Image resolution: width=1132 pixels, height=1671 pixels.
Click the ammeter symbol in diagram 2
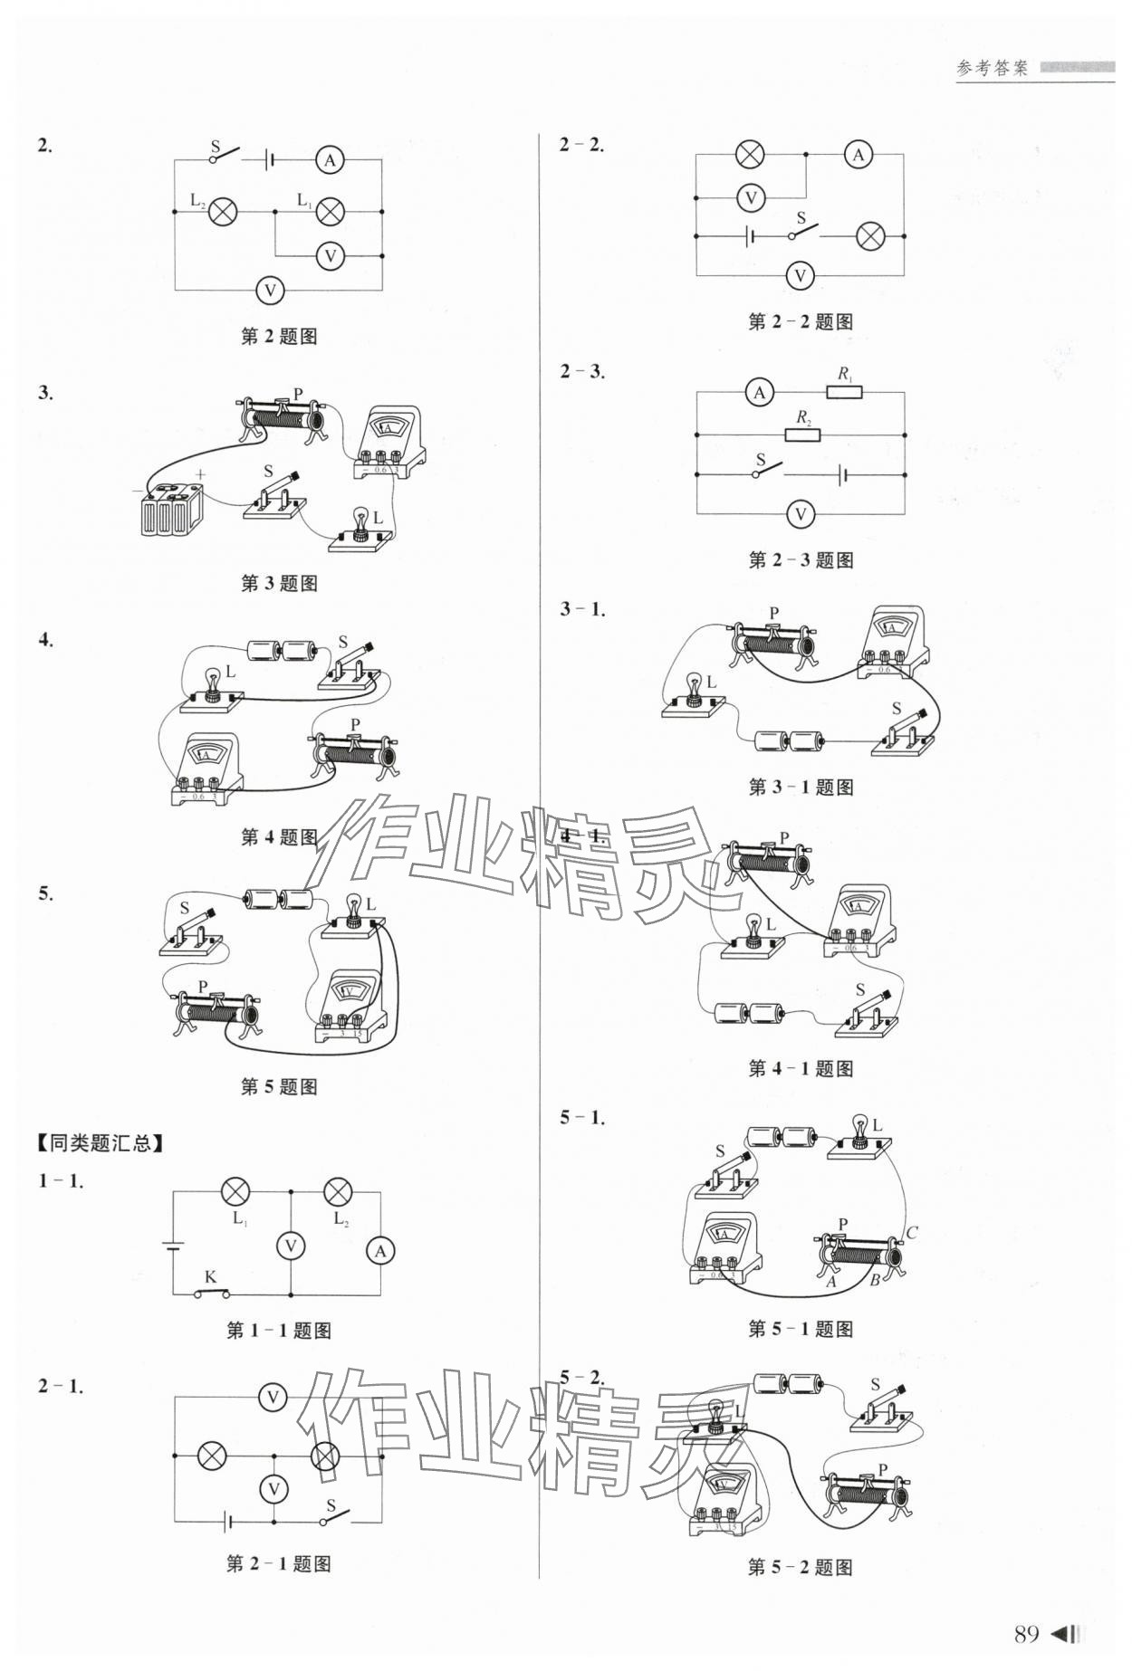[x=330, y=160]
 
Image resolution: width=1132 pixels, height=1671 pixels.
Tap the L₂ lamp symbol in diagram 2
[x=223, y=213]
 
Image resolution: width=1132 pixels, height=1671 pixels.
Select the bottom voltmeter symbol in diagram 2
[x=269, y=291]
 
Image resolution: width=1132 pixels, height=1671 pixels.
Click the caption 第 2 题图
[x=279, y=337]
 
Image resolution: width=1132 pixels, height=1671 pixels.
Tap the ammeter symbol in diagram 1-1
[x=380, y=1251]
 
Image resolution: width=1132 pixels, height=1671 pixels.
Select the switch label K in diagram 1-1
[x=210, y=1277]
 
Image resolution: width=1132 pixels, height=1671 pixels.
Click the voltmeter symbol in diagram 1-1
[x=291, y=1246]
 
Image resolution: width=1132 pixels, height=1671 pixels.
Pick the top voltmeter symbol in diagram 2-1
[x=272, y=1398]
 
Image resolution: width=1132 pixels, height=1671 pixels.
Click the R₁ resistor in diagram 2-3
[x=844, y=392]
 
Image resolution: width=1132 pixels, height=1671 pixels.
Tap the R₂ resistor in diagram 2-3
[x=802, y=434]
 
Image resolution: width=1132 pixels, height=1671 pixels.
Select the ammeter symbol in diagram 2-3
[x=759, y=392]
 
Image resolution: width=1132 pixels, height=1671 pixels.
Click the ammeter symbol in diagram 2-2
[x=858, y=155]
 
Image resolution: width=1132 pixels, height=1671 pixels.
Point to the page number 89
[x=1026, y=1634]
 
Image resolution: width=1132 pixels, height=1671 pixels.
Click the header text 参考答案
[x=992, y=69]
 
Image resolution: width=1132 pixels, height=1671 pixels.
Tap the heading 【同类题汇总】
[x=101, y=1143]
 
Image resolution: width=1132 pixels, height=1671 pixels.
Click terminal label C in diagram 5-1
[x=912, y=1233]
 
